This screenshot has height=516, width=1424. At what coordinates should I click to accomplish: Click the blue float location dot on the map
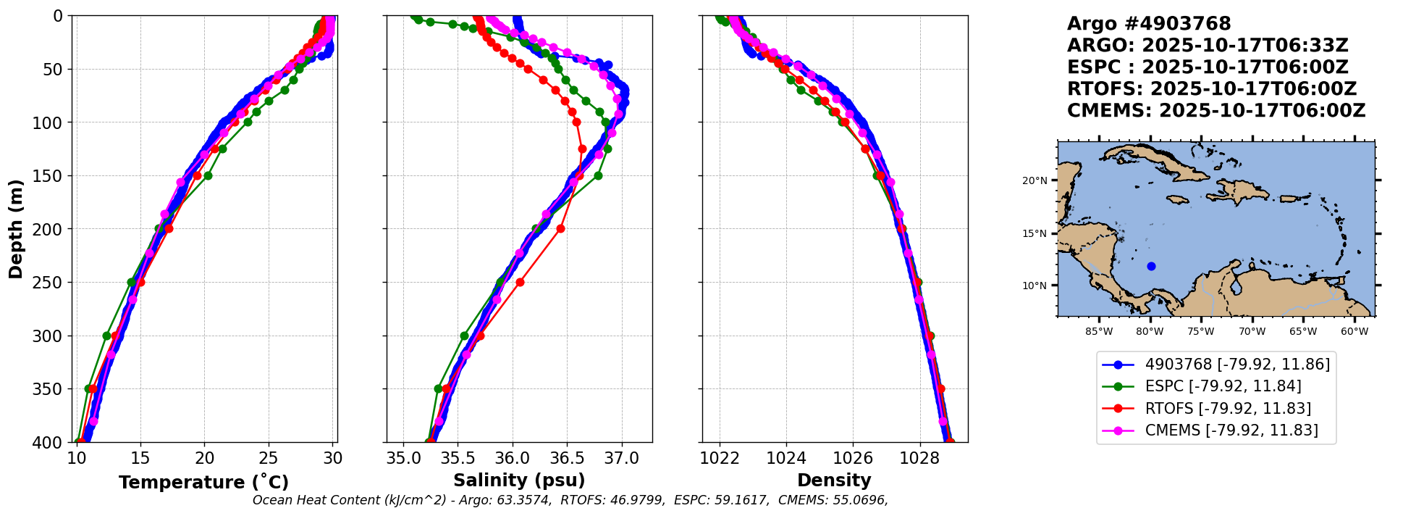1151,266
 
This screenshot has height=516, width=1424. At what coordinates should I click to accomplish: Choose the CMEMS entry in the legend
1231,430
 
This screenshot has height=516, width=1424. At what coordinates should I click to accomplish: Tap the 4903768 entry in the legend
1236,365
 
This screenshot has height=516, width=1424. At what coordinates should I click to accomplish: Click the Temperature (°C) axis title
203,482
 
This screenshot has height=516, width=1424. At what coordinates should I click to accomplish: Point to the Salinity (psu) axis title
519,480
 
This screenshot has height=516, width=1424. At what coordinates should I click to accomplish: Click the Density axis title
834,480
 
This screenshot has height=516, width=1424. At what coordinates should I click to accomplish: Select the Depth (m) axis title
16,228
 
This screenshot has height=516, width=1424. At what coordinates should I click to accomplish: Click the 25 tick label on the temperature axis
269,459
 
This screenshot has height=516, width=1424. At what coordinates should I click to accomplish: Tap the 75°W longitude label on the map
1201,332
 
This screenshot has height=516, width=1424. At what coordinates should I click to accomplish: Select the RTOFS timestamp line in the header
1211,89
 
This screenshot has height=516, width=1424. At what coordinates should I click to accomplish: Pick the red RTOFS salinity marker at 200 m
560,229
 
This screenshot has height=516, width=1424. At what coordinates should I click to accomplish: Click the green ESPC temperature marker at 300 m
107,336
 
